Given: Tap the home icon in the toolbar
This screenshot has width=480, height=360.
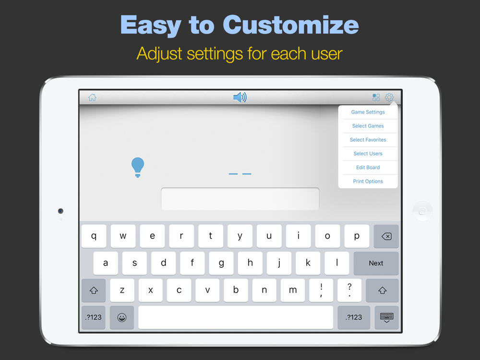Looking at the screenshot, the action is [x=92, y=97].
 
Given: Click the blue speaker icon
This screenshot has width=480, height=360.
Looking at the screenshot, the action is [x=240, y=97].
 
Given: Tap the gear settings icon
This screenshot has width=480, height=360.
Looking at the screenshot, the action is [x=389, y=97].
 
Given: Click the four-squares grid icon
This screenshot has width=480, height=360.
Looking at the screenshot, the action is [x=376, y=97].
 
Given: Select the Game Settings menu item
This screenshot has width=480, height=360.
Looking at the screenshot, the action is [x=368, y=112].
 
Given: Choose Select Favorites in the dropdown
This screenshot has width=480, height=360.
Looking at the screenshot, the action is [x=368, y=140].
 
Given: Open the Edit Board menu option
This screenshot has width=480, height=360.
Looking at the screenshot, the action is [x=368, y=168].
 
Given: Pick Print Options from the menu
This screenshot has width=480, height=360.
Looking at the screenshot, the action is [x=368, y=181].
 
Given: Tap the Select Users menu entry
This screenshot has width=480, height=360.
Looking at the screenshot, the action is [x=368, y=154].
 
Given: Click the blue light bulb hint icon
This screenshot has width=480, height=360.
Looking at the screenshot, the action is [x=138, y=167].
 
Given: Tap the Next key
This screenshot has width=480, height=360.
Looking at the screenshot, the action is [x=376, y=263].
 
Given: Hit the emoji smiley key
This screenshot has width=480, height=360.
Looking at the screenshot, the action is [x=122, y=317].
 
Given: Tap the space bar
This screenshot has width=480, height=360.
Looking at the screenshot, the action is [x=236, y=317].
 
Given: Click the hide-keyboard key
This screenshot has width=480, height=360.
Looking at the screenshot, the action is [x=386, y=317].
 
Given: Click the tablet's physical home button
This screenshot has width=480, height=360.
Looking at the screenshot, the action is [x=422, y=211].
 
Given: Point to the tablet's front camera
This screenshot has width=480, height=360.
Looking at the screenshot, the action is [x=60, y=211].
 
